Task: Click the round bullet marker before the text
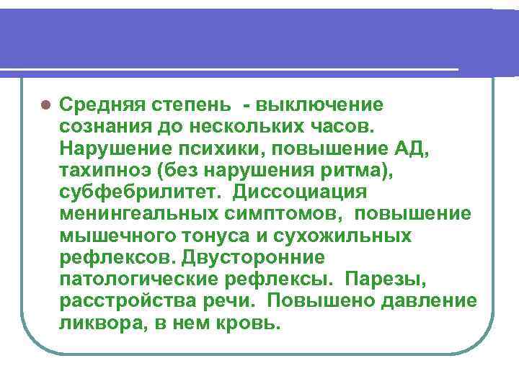tap(44, 104)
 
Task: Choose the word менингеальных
tap(134, 214)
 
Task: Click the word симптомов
tap(270, 214)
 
